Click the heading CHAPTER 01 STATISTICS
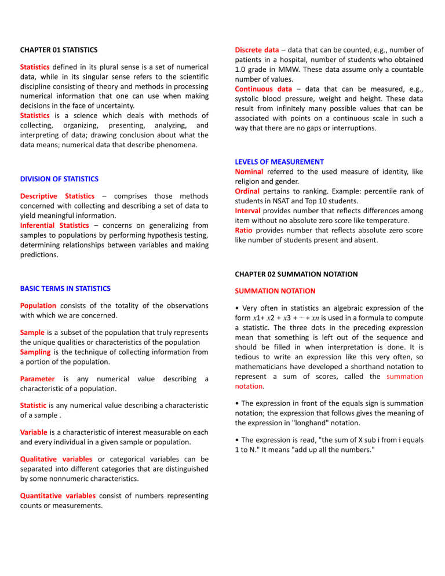click(x=59, y=50)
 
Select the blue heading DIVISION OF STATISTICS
click(x=60, y=179)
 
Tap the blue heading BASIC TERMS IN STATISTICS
click(x=65, y=288)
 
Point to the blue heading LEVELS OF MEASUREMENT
click(x=279, y=162)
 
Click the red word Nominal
click(x=249, y=172)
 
